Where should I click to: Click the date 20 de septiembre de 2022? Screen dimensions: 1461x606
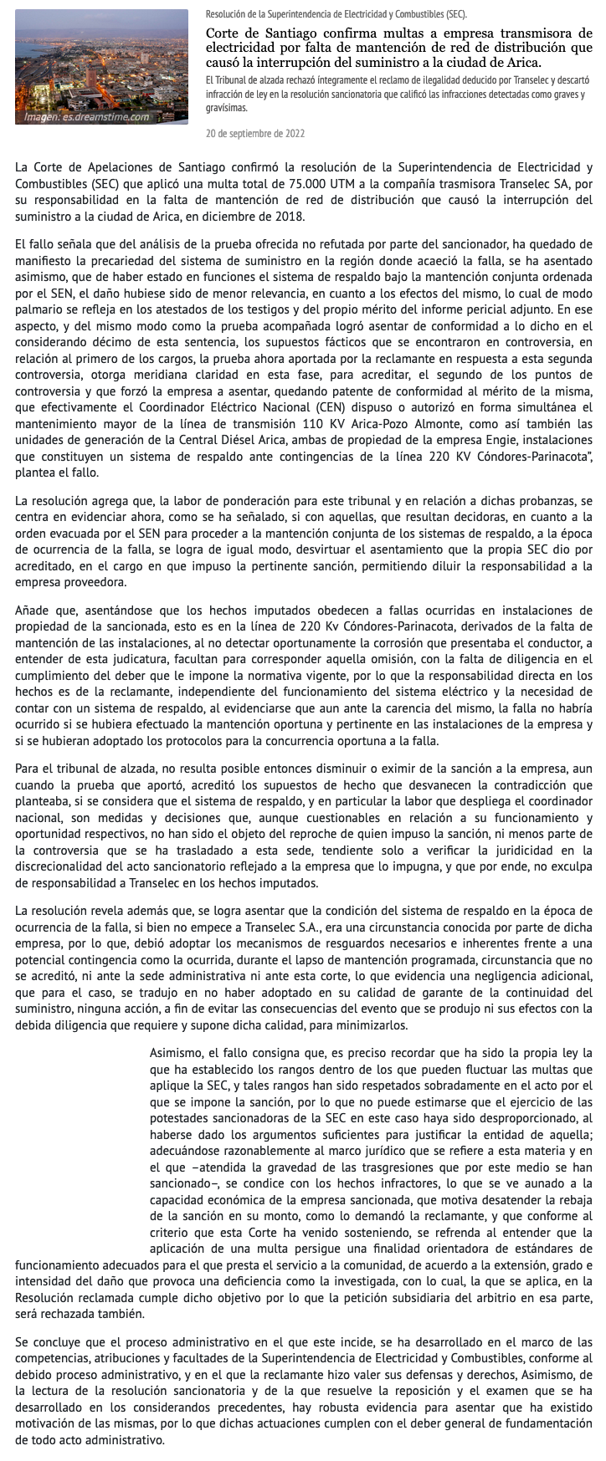[254, 133]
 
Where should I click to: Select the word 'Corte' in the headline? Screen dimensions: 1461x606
[226, 33]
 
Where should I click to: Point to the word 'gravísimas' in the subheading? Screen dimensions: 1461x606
[226, 108]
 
